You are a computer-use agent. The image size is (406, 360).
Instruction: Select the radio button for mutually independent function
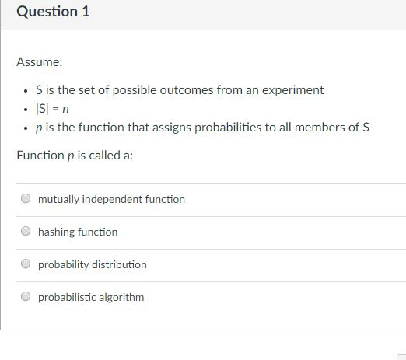click(26, 199)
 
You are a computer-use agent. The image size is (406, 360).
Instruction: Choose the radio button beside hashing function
click(26, 232)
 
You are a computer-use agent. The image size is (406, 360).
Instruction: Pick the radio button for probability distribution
click(26, 264)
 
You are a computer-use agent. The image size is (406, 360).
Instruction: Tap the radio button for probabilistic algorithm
click(26, 297)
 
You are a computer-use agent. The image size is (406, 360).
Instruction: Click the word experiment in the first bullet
click(295, 90)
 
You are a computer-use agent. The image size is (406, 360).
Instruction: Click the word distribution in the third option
click(120, 264)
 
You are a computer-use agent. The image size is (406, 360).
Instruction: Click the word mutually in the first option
click(58, 199)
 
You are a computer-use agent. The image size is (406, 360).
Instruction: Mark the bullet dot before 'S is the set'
click(28, 90)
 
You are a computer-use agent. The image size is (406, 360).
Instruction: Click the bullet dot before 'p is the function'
click(28, 128)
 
